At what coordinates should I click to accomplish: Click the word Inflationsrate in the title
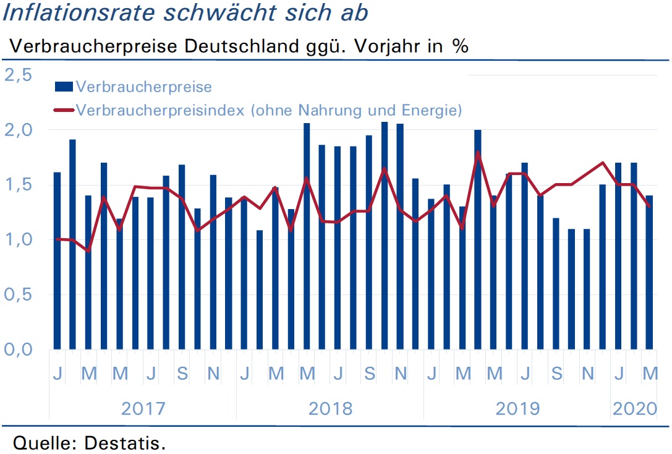tap(79, 12)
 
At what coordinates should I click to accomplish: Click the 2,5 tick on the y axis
tap(19, 75)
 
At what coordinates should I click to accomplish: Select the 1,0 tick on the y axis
tap(19, 239)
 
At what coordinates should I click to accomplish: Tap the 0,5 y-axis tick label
tap(19, 294)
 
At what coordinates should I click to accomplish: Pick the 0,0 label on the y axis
tap(19, 349)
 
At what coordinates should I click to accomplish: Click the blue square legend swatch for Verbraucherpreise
tap(64, 87)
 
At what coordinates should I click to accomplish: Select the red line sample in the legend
tap(64, 110)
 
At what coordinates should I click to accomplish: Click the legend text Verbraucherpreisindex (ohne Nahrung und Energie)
tap(269, 110)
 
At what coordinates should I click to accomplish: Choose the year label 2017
tap(143, 409)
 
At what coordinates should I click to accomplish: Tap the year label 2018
tap(330, 409)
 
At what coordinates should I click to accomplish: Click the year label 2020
tap(635, 409)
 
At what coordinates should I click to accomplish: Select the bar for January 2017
tap(57, 260)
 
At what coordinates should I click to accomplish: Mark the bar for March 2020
tap(649, 272)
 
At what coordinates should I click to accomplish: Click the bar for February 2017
tap(72, 244)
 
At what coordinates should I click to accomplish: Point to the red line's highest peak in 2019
tap(478, 152)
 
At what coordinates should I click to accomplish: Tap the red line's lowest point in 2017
tap(88, 251)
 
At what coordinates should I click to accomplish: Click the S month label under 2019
tap(556, 374)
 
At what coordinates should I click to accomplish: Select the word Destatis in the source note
tap(125, 443)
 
